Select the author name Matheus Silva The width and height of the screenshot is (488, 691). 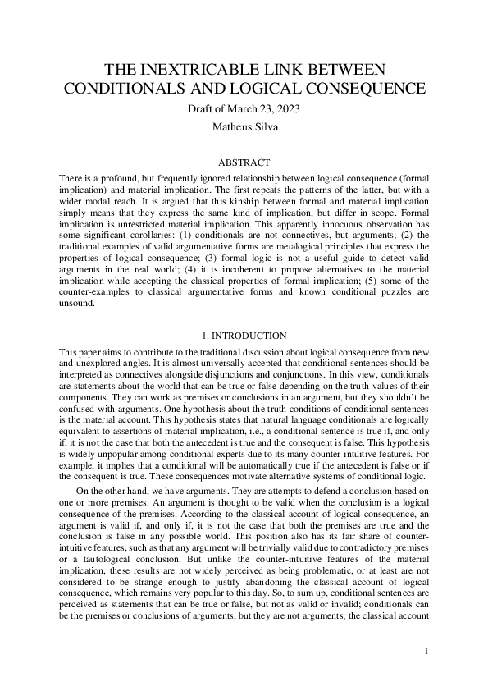tap(244, 127)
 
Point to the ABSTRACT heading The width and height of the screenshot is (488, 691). tap(244, 162)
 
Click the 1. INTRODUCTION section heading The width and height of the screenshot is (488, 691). tap(244, 336)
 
